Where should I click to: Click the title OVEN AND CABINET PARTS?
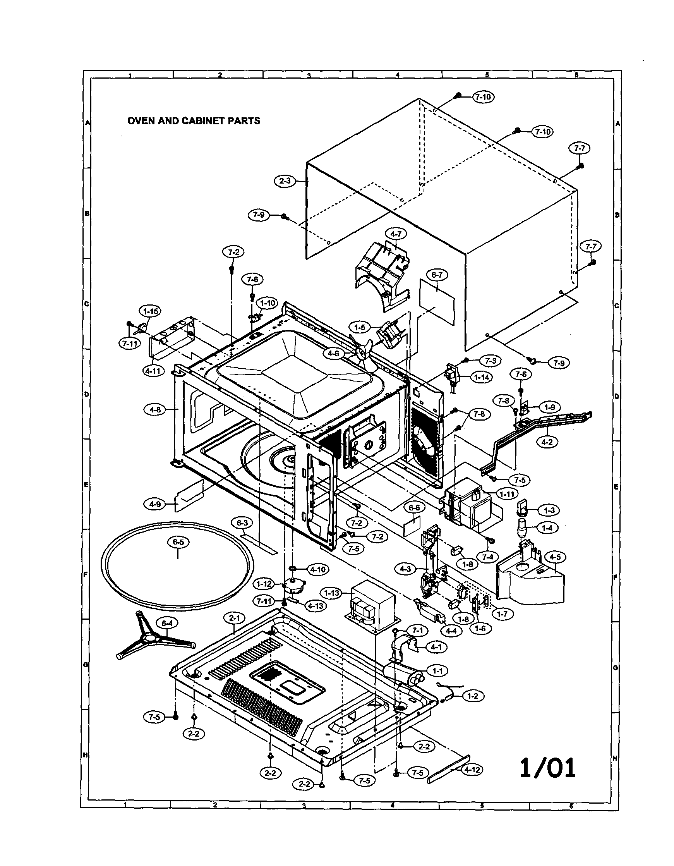click(194, 120)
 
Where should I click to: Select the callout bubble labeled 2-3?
click(285, 181)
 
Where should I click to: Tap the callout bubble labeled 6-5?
click(178, 542)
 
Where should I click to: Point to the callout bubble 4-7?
click(396, 234)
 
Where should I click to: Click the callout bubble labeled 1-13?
click(332, 593)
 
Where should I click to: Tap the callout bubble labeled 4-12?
click(472, 770)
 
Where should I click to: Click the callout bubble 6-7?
click(437, 275)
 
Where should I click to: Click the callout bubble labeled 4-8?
click(155, 410)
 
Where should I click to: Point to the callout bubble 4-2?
click(547, 442)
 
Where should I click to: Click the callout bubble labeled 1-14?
click(482, 378)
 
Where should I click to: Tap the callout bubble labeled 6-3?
click(242, 523)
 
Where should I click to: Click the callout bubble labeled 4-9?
click(155, 504)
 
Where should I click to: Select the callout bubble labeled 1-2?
click(473, 696)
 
